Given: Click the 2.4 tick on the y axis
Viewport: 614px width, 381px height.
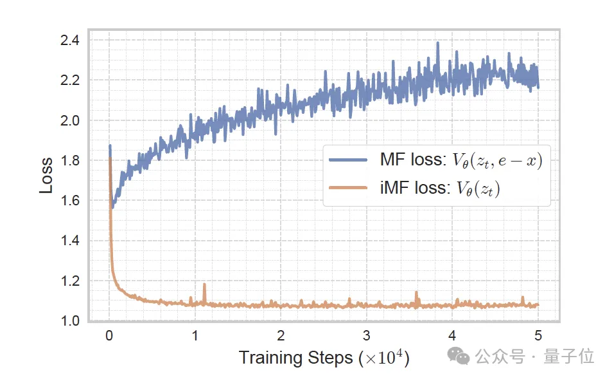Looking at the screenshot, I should pos(69,41).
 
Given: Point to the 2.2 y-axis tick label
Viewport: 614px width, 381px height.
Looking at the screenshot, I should pos(69,80).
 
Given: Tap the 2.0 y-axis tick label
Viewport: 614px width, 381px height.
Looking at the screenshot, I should pos(69,120).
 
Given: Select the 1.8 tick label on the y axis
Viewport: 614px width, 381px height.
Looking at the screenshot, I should pos(69,160).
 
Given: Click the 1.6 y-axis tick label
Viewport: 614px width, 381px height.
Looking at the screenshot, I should pos(69,201).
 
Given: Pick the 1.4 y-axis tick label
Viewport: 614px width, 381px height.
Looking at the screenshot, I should pos(69,241).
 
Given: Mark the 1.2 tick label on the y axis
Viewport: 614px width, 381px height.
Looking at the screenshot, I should pos(69,281).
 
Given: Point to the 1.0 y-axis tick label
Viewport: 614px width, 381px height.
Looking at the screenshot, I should pos(69,321).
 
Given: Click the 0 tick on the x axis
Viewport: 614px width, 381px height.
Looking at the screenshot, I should pos(109,337).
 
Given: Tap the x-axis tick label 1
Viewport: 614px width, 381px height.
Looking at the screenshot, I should pos(195,337).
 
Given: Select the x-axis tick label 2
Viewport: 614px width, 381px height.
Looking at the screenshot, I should pos(281,337).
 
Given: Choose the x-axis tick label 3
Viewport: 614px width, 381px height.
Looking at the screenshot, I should pos(366,337).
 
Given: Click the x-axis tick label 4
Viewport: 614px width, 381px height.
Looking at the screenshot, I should pos(452,337).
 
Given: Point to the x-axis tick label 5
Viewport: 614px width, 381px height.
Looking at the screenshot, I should pos(538,337).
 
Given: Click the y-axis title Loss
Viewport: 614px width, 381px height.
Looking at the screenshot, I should pos(46,175).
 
